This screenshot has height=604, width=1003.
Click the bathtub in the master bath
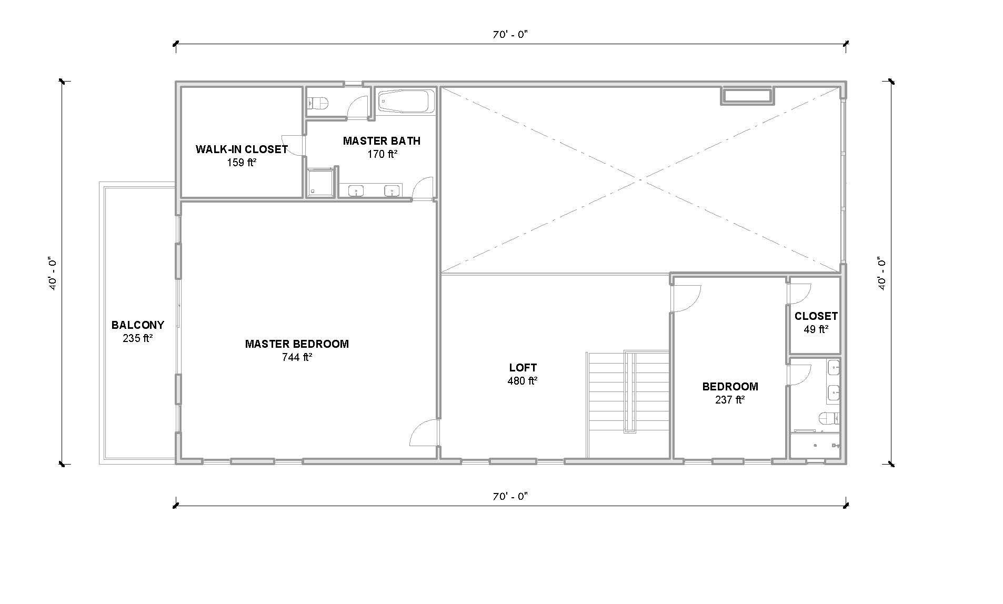(406, 101)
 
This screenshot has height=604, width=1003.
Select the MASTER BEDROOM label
(296, 344)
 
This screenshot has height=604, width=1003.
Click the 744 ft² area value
(296, 358)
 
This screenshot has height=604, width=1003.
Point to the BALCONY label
(137, 325)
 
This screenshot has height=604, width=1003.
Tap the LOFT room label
(523, 368)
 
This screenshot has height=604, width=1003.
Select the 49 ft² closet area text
(815, 329)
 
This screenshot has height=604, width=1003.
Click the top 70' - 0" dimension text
(509, 35)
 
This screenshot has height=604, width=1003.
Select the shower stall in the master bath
(320, 182)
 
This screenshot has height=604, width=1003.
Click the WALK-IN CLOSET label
(242, 149)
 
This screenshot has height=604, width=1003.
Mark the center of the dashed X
(640, 180)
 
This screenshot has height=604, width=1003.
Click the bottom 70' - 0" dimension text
(509, 496)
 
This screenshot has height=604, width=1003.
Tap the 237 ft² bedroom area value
(729, 400)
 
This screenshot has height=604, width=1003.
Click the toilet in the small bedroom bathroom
(828, 418)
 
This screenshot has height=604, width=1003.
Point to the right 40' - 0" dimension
(882, 273)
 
